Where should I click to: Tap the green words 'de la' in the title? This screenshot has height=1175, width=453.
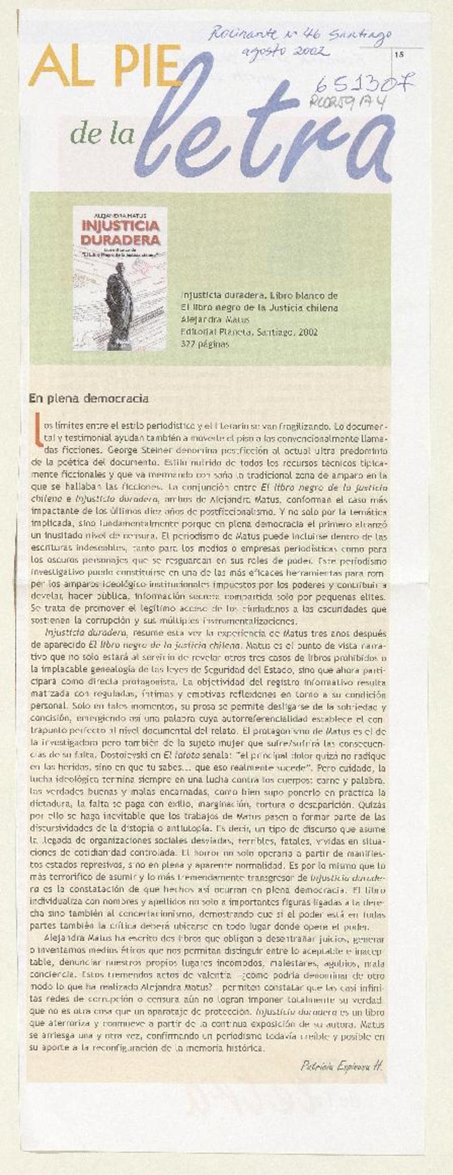click(x=102, y=134)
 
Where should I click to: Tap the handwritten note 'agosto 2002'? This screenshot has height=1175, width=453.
click(x=285, y=52)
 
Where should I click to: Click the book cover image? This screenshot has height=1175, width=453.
click(x=120, y=278)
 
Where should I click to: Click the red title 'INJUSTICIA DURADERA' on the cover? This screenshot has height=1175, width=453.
click(x=120, y=232)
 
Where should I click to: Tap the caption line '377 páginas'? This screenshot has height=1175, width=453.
click(x=205, y=344)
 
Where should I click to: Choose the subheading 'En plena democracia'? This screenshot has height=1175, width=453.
click(x=89, y=398)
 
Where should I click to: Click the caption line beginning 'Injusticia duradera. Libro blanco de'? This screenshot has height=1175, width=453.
click(x=259, y=296)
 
